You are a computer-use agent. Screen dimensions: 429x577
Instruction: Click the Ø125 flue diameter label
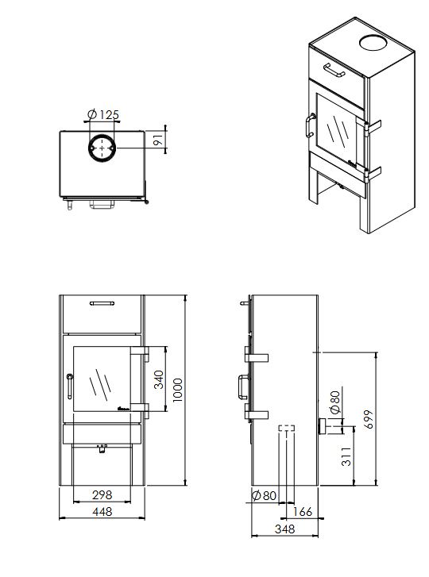click(x=103, y=115)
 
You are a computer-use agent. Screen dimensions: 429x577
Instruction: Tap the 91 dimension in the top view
click(x=158, y=140)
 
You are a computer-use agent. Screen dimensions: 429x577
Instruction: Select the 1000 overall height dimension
click(x=177, y=390)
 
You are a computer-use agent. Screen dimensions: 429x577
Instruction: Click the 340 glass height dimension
click(x=159, y=379)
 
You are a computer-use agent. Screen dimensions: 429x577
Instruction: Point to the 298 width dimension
click(x=102, y=494)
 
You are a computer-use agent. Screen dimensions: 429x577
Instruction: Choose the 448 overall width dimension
click(x=102, y=511)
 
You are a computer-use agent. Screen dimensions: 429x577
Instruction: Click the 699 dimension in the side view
click(x=368, y=419)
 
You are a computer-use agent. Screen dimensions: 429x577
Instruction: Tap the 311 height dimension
click(x=346, y=456)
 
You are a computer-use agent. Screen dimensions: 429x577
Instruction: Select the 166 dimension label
click(x=303, y=511)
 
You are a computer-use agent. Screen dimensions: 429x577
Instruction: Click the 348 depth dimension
click(x=284, y=529)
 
